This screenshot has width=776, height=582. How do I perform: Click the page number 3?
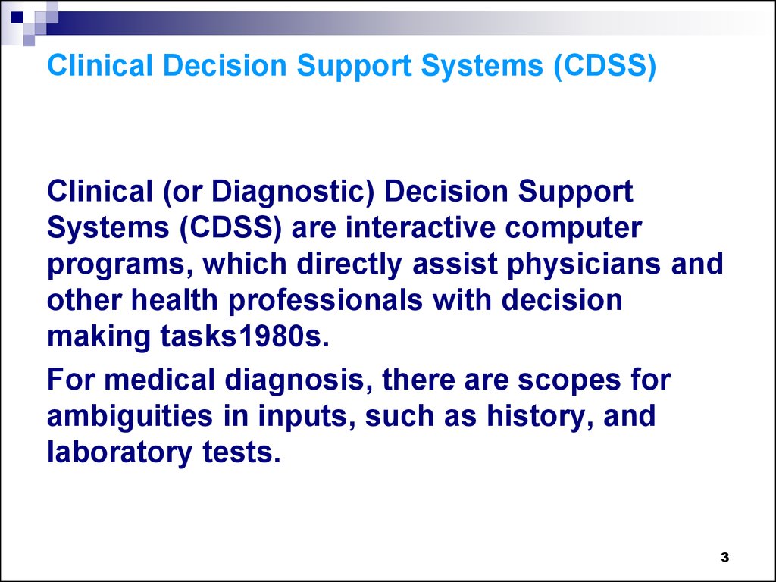tap(724, 557)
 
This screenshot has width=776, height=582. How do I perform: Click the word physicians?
tap(584, 264)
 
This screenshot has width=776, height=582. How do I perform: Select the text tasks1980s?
tap(245, 337)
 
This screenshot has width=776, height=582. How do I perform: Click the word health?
tap(174, 300)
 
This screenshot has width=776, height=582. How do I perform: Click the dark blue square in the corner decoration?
tap(17, 17)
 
